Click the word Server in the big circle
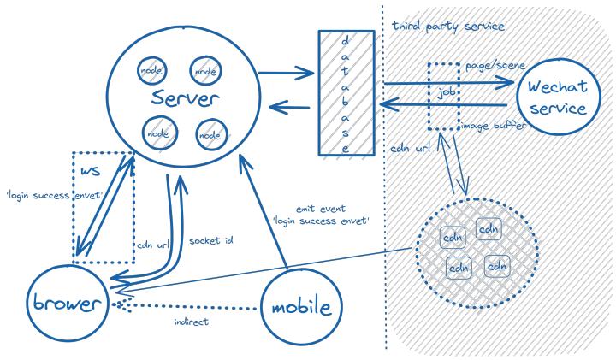click(x=180, y=99)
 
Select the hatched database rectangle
click(x=334, y=92)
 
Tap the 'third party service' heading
click(x=448, y=26)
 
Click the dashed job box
click(x=443, y=95)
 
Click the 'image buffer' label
click(x=493, y=127)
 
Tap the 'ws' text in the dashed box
click(x=90, y=170)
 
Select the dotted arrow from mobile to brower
click(x=188, y=305)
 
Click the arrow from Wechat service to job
click(x=488, y=104)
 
